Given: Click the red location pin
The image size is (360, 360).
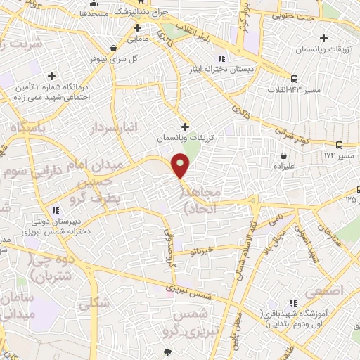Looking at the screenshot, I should (x=181, y=166).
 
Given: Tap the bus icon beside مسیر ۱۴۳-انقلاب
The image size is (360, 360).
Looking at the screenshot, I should (x=293, y=79).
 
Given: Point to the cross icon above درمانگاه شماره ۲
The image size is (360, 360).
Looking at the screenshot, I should (x=51, y=76).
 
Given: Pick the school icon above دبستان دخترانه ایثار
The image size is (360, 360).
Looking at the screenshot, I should (x=221, y=58).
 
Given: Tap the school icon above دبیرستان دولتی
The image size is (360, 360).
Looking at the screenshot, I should (x=56, y=210).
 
